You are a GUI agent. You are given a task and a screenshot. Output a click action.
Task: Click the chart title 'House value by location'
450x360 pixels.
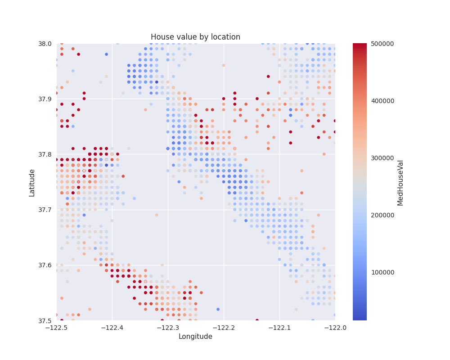195,37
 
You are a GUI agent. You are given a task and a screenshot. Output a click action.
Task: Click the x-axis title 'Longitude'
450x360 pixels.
195,337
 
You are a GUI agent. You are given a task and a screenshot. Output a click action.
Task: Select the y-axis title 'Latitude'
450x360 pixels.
32,182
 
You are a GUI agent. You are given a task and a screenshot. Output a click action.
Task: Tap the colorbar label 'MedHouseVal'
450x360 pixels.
400,182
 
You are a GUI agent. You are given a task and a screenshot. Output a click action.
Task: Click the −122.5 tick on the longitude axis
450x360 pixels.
57,327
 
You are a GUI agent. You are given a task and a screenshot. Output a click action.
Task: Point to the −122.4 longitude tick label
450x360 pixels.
112,327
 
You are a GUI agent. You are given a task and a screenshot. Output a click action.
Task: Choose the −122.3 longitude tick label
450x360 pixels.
168,327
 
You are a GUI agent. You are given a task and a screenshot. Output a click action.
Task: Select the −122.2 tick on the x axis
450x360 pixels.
224,327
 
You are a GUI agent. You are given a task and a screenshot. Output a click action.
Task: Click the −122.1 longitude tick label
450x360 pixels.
279,327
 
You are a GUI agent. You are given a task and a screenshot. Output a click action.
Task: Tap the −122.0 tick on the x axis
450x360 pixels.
335,327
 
